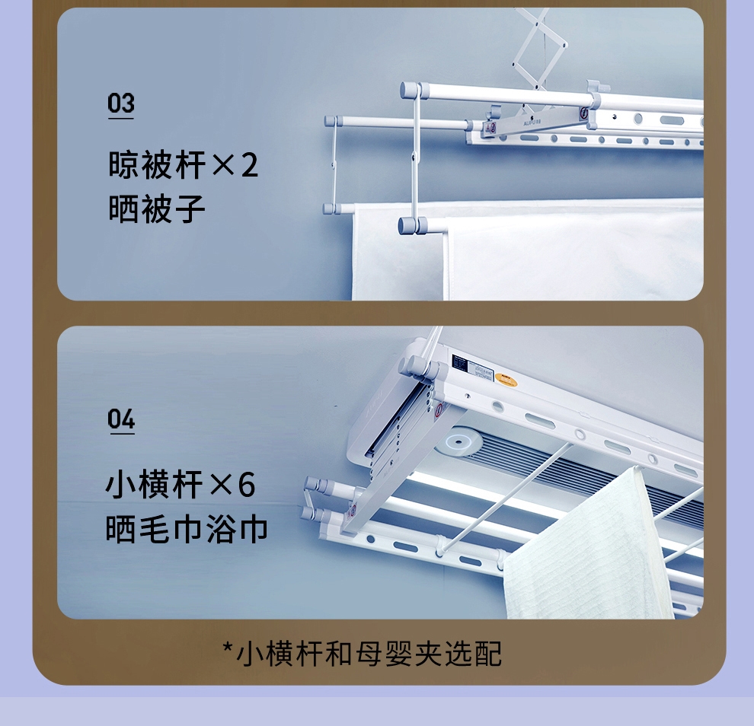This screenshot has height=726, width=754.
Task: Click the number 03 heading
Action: click(120, 103)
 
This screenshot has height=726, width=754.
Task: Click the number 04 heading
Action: click(120, 419)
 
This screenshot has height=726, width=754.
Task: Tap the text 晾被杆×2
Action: click(183, 165)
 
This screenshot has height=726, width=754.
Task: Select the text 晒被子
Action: click(157, 209)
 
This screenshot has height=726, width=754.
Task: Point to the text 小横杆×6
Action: click(181, 484)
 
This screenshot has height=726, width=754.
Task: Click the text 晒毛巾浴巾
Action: click(186, 529)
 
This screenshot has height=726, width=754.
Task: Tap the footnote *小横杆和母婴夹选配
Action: click(363, 654)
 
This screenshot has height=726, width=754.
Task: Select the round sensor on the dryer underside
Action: click(458, 441)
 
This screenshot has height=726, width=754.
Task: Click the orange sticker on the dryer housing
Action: click(506, 380)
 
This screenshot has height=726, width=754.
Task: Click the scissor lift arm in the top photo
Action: click(538, 48)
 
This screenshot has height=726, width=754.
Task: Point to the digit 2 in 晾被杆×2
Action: click(249, 165)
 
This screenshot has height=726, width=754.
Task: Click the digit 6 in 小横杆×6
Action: click(247, 484)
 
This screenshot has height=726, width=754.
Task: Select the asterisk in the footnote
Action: click(228, 647)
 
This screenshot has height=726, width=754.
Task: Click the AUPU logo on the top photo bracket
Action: click(532, 123)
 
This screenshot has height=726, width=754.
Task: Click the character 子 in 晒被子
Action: click(190, 209)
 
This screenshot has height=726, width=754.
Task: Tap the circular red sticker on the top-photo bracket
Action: click(584, 113)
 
